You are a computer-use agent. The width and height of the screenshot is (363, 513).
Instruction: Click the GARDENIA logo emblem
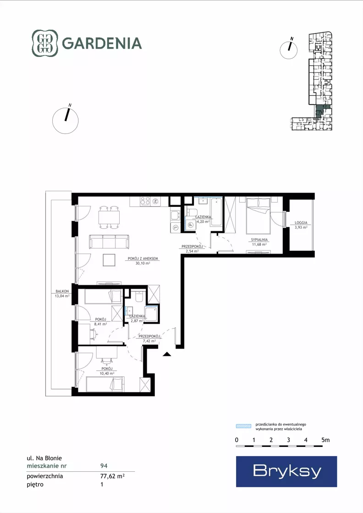[x=45, y=43]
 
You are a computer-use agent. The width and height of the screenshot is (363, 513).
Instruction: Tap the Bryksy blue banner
[x=286, y=471]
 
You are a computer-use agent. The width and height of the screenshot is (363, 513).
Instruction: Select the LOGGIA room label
[x=301, y=222]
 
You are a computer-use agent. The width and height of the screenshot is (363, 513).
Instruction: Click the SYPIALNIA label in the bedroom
[x=259, y=239]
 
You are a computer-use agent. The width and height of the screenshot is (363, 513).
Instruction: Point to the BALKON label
[x=62, y=291]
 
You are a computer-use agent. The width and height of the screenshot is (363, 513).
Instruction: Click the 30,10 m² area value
[x=143, y=263]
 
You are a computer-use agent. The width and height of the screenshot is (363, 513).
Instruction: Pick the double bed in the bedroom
[x=258, y=215]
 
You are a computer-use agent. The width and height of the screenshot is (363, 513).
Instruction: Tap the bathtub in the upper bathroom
[x=216, y=211]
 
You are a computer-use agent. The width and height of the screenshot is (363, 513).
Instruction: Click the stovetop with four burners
[x=145, y=201]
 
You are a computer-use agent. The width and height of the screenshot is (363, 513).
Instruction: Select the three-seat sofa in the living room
[x=109, y=242]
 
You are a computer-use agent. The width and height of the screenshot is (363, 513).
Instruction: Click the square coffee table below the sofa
[x=109, y=260]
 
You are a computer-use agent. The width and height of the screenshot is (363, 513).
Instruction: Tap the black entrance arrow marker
[x=167, y=353]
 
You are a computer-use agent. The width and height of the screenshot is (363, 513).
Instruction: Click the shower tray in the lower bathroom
[x=151, y=314]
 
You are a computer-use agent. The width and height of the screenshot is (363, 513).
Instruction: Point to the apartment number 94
[x=104, y=466]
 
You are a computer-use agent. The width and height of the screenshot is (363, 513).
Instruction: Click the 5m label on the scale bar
[x=325, y=440]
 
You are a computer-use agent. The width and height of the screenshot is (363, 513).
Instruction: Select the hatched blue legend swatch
[x=244, y=426]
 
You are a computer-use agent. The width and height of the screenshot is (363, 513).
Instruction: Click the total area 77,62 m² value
[x=112, y=476]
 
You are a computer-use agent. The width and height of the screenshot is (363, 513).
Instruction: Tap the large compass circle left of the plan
[x=66, y=121]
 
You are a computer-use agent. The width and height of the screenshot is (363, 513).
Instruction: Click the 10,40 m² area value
[x=107, y=373]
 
